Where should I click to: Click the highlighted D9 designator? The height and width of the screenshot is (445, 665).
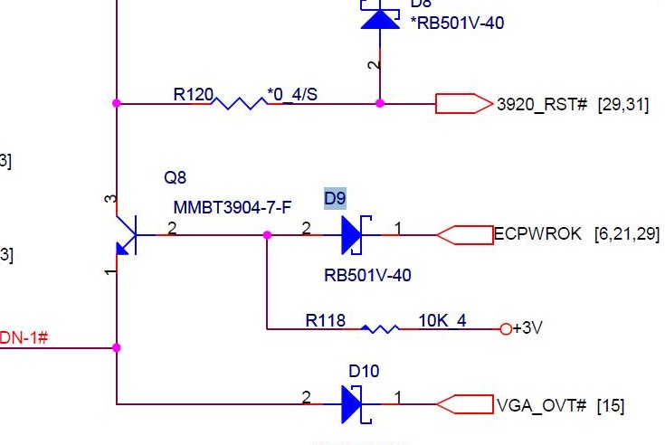pyautogui.click(x=335, y=198)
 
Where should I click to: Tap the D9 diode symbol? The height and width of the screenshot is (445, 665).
pyautogui.click(x=352, y=235)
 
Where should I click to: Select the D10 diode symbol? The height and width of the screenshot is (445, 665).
pyautogui.click(x=352, y=404)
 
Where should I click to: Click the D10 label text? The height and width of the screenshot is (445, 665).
pyautogui.click(x=364, y=371)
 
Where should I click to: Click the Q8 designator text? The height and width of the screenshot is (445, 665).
pyautogui.click(x=175, y=176)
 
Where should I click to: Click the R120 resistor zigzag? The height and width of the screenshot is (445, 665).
pyautogui.click(x=239, y=103)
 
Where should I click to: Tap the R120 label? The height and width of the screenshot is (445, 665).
pyautogui.click(x=193, y=93)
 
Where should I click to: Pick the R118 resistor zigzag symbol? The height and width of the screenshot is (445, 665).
pyautogui.click(x=380, y=328)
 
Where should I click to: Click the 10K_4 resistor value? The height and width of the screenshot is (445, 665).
pyautogui.click(x=442, y=320)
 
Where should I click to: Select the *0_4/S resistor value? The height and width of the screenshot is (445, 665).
pyautogui.click(x=291, y=93)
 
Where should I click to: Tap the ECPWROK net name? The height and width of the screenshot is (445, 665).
pyautogui.click(x=537, y=234)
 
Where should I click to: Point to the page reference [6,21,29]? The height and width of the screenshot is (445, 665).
pyautogui.click(x=626, y=234)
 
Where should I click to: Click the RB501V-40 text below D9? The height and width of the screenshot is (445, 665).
pyautogui.click(x=367, y=275)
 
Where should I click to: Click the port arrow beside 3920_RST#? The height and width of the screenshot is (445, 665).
pyautogui.click(x=463, y=104)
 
